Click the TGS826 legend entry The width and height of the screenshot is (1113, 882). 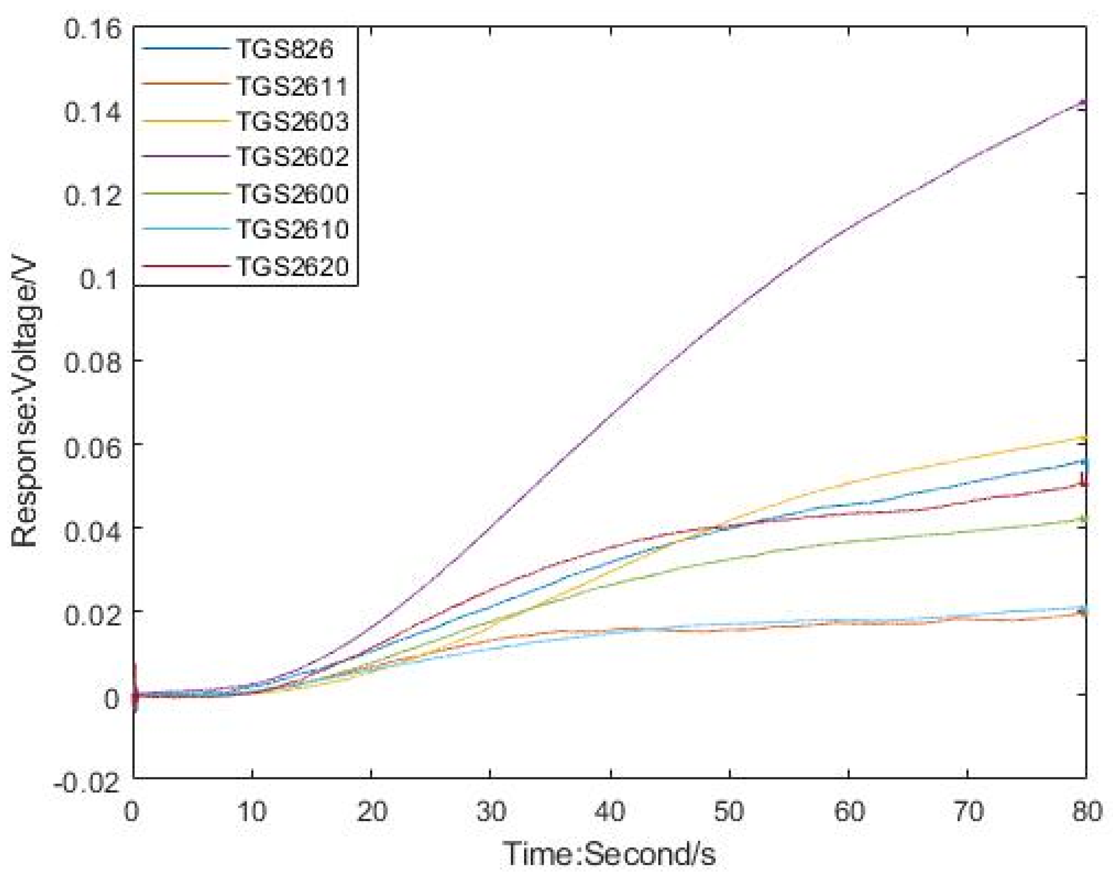285,50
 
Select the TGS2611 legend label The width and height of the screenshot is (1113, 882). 292,86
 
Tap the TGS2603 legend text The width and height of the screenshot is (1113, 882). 292,122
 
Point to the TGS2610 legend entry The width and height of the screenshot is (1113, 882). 292,229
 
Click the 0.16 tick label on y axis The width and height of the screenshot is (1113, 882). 93,29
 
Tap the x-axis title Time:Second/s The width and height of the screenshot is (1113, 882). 610,853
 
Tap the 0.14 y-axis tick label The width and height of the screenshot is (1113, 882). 93,111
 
